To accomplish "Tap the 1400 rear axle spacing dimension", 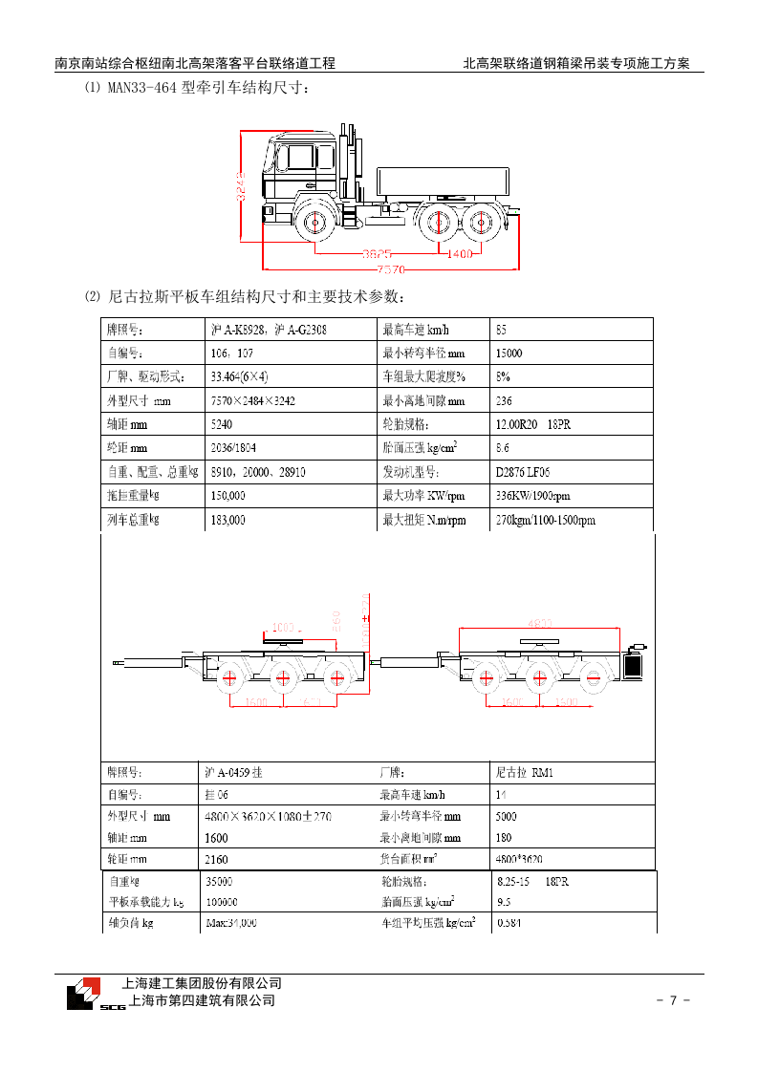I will coord(461,254).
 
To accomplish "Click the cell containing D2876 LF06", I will coord(523,472).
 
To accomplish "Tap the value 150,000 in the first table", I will coord(227,496).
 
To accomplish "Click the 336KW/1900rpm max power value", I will coord(532,496).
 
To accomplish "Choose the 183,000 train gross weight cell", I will coord(227,520).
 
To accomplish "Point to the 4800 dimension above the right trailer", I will coord(540,624).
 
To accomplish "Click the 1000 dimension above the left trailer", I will coord(284,627).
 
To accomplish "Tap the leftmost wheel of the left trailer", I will coord(229,679).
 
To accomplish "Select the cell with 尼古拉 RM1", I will coord(524,771).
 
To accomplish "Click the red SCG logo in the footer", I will coord(89,994).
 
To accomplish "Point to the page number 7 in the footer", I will coord(673,1000).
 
